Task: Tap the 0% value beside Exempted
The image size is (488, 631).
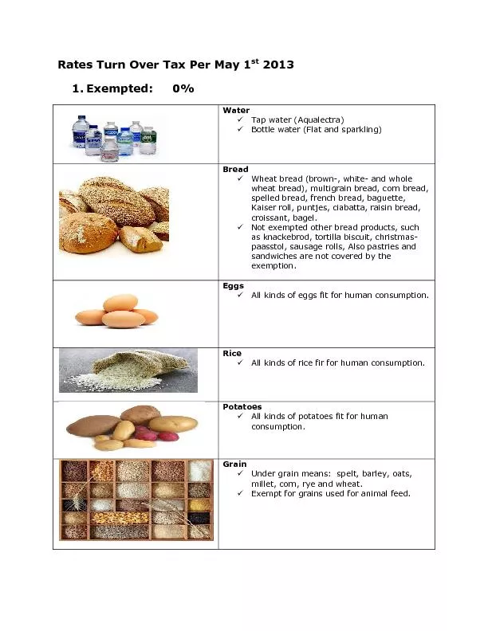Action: [x=183, y=88]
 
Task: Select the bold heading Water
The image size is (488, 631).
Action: [x=236, y=110]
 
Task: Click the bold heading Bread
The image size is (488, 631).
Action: [x=235, y=169]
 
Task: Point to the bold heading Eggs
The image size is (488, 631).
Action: [x=234, y=285]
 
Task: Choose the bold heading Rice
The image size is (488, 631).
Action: [x=232, y=353]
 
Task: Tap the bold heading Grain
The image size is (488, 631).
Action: [x=234, y=464]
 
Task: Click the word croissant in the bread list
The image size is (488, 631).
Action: [x=271, y=217]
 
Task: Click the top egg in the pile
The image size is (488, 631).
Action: [x=120, y=303]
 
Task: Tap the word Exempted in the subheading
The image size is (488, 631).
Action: [x=120, y=88]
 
